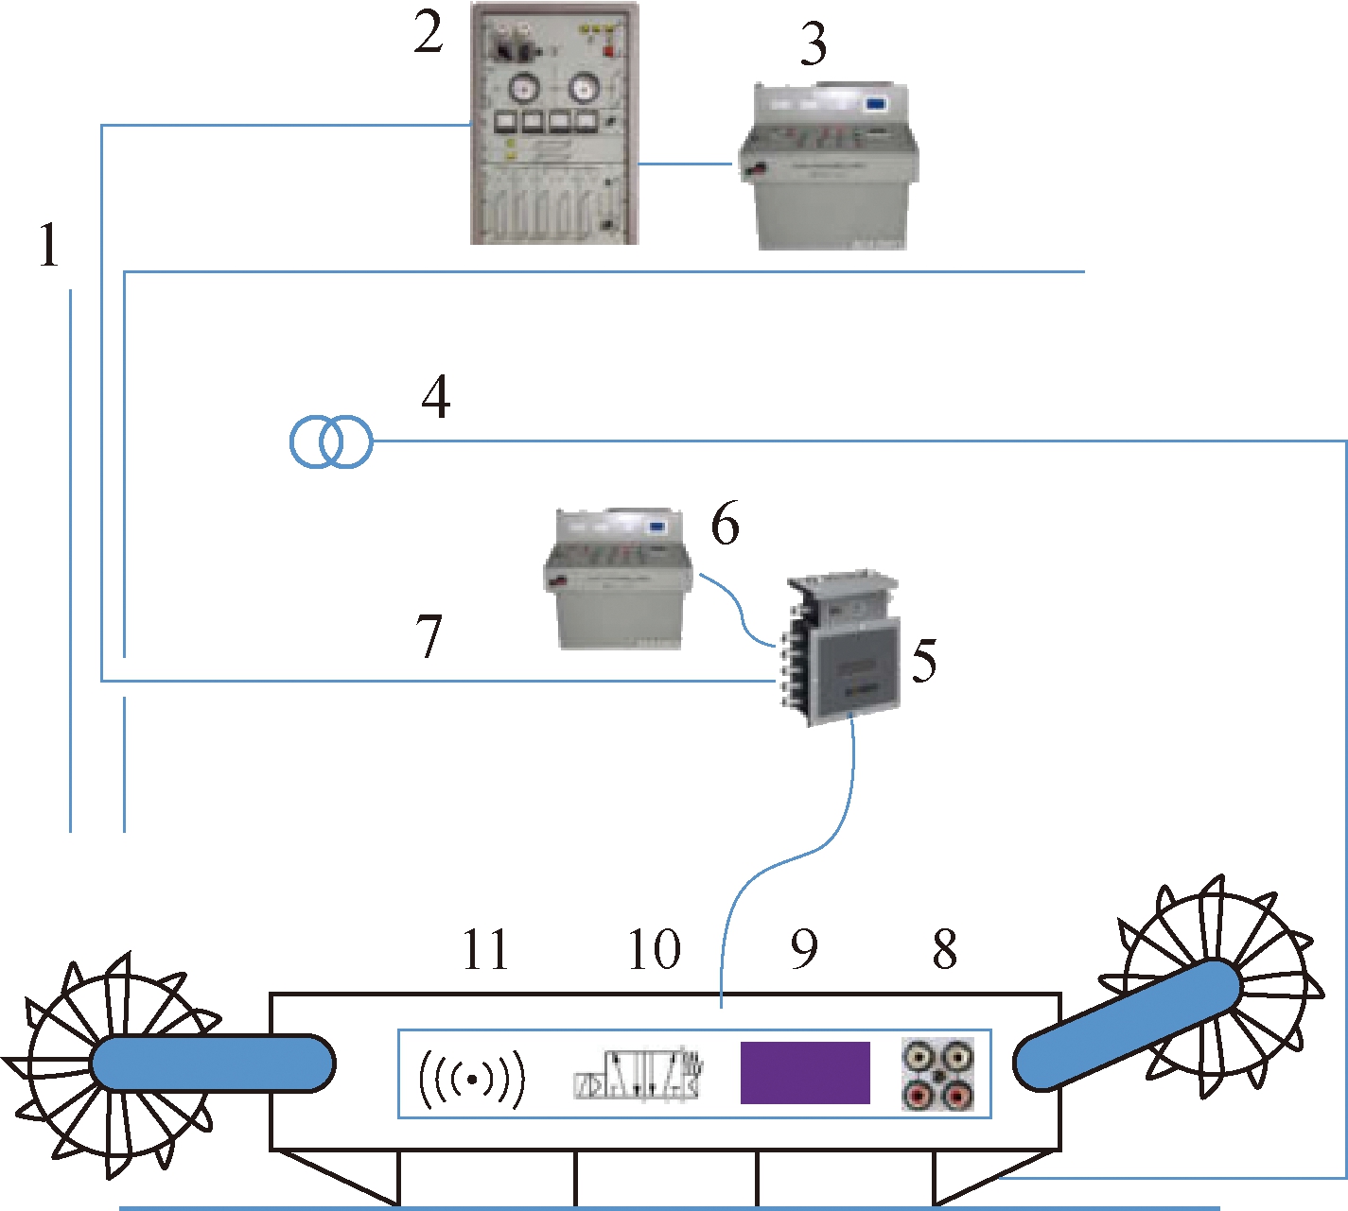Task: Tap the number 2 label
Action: click(429, 34)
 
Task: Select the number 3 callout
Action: click(813, 44)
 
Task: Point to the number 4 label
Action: click(435, 397)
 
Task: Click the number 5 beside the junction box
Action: click(924, 661)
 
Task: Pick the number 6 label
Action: click(725, 525)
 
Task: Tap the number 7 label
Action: click(429, 635)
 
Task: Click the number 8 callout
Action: click(944, 950)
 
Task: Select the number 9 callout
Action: click(804, 950)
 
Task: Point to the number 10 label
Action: click(654, 950)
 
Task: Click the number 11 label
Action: click(485, 950)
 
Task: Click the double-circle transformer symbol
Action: click(331, 441)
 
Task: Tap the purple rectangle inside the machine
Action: click(804, 1073)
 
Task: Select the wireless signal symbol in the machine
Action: click(471, 1079)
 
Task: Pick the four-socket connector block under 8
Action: click(937, 1074)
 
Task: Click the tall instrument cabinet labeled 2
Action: click(554, 124)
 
